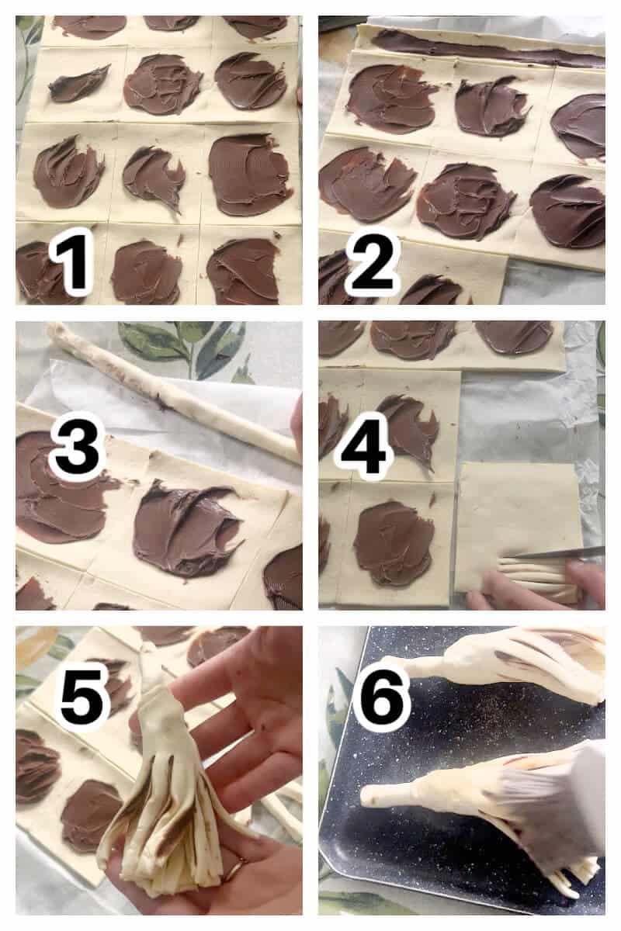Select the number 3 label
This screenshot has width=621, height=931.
point(76,449)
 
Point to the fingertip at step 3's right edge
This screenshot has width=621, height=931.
point(297,423)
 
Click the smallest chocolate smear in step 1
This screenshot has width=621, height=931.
point(79,83)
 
